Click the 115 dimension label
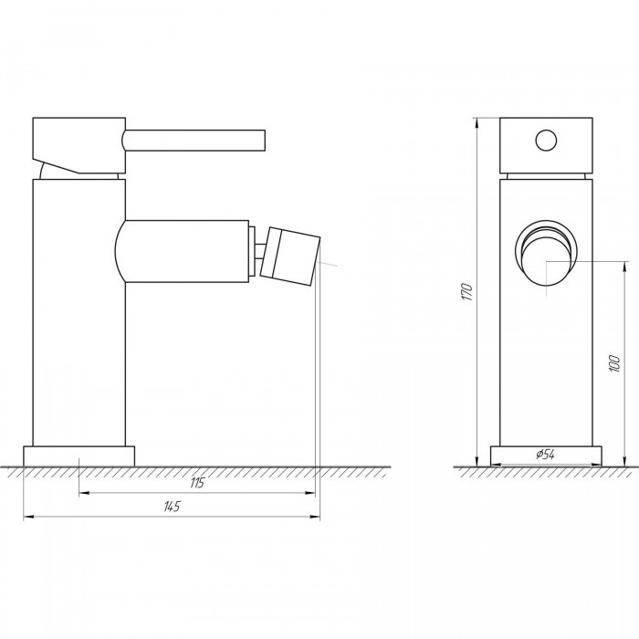pyautogui.click(x=197, y=483)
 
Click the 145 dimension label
pyautogui.click(x=172, y=507)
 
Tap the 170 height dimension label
pyautogui.click(x=467, y=292)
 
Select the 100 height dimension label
pyautogui.click(x=614, y=363)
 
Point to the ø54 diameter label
pyautogui.click(x=545, y=454)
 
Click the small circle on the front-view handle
pyautogui.click(x=546, y=141)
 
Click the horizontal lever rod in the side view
pyautogui.click(x=194, y=140)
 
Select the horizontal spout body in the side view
pyautogui.click(x=182, y=251)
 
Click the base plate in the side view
pyautogui.click(x=79, y=456)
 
